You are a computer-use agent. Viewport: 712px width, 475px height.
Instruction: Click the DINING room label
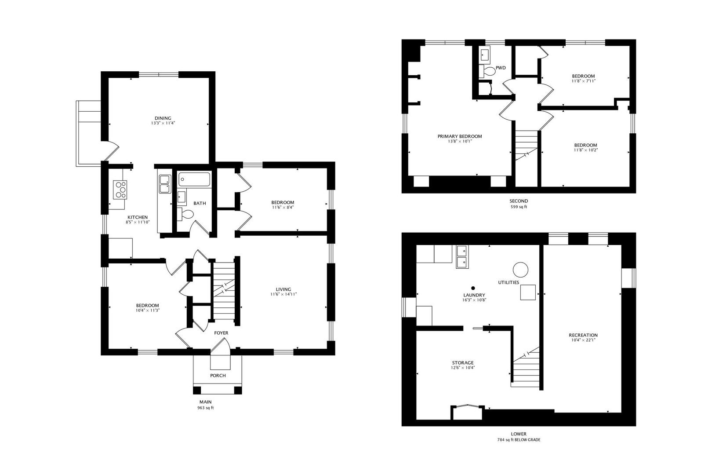pos(163,118)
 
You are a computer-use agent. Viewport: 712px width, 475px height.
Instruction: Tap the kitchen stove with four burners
pos(120,190)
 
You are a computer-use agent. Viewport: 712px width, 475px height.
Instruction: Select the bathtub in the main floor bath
pos(194,179)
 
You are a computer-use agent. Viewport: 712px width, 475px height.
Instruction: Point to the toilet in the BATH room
pos(185,214)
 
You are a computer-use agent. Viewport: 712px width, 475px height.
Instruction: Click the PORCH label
pos(218,376)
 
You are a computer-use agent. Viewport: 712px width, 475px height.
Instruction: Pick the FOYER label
pos(221,333)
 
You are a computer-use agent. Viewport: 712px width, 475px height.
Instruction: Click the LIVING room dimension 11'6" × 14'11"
pos(283,294)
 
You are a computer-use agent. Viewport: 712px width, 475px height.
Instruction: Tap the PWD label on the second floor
pos(501,68)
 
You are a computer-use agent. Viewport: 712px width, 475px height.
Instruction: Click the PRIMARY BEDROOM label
pos(460,136)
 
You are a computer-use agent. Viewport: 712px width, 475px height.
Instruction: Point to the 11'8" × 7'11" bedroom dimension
pos(583,81)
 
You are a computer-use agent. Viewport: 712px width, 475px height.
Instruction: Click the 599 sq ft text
pos(519,206)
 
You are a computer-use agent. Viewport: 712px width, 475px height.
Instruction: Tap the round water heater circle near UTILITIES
pos(520,270)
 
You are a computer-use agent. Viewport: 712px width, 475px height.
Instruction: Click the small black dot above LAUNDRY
pos(473,288)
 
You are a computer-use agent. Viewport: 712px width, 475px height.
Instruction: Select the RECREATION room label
pos(583,335)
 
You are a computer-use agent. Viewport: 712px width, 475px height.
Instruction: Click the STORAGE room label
pos(463,363)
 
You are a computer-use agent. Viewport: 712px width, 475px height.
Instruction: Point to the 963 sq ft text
pos(205,408)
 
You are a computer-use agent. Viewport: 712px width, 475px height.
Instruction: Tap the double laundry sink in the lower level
pos(462,257)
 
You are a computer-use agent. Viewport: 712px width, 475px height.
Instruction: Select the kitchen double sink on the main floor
pos(165,184)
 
